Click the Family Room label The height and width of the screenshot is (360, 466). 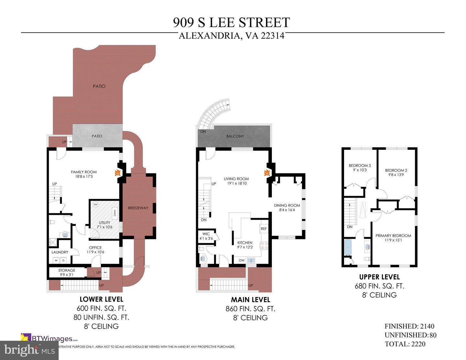[x=84, y=172]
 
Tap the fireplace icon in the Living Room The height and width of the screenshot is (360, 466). [x=267, y=173]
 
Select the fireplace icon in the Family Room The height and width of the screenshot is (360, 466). [x=117, y=173]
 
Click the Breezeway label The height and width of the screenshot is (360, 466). [x=138, y=208]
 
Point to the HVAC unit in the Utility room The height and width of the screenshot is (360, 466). [x=115, y=213]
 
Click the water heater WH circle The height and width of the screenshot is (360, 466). [x=95, y=204]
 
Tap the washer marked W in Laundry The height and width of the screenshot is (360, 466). [x=56, y=260]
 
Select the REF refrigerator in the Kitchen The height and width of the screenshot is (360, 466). [x=264, y=229]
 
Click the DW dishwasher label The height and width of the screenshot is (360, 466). [x=242, y=260]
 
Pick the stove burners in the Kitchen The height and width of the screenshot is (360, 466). [x=264, y=245]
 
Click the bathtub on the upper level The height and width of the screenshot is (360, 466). [x=348, y=247]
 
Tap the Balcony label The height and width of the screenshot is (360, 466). [x=235, y=136]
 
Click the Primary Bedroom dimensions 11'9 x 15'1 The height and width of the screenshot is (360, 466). [x=393, y=240]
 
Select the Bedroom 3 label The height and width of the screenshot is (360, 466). [x=360, y=166]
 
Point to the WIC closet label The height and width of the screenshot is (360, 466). [x=206, y=234]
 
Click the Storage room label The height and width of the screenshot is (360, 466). [x=67, y=270]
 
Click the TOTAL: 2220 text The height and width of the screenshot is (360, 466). [x=405, y=344]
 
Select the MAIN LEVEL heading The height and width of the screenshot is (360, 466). [x=250, y=300]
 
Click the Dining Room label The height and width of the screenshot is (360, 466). [x=287, y=205]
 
